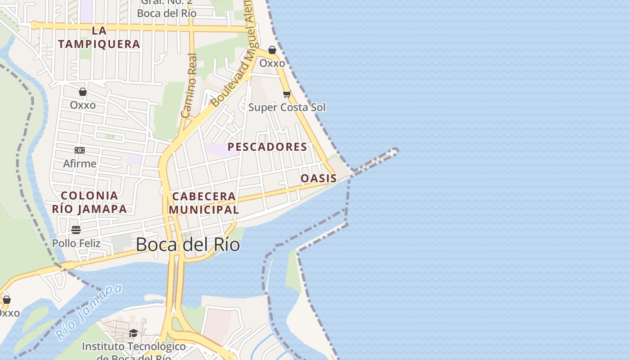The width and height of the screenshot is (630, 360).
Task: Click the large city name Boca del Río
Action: tap(188, 245)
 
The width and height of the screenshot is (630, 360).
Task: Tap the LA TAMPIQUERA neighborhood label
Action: tap(99, 37)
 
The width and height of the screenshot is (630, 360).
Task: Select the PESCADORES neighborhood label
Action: tap(267, 147)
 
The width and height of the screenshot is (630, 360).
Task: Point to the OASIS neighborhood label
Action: tap(319, 178)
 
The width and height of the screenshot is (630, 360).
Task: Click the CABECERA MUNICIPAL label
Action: tap(204, 203)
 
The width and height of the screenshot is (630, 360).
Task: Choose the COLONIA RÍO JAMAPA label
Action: tap(89, 202)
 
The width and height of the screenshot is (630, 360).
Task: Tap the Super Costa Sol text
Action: tap(287, 107)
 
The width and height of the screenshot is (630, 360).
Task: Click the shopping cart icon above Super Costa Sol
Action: tap(287, 94)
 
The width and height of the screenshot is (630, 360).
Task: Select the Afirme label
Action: tap(80, 163)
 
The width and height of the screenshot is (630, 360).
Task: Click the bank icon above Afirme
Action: tap(80, 150)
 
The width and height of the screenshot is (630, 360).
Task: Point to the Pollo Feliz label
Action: tap(76, 243)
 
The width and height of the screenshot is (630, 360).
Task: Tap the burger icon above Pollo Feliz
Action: tap(76, 230)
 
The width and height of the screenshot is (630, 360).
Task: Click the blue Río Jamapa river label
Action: tap(89, 312)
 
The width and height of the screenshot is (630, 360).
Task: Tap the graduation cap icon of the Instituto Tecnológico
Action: tap(133, 333)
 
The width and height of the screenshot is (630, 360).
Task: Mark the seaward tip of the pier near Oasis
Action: tap(395, 151)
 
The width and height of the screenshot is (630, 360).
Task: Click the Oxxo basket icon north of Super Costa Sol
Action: tap(272, 50)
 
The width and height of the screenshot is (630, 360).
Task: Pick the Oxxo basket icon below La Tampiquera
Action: tap(83, 92)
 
